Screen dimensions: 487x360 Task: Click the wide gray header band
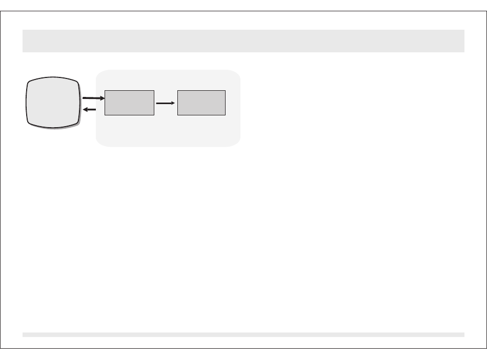(243, 41)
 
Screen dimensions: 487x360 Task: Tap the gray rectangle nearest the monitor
(129, 103)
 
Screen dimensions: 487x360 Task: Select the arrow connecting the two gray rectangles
(166, 103)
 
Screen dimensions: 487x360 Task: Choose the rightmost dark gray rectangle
(201, 103)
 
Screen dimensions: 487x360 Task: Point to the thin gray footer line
(243, 334)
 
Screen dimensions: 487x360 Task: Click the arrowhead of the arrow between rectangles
(173, 103)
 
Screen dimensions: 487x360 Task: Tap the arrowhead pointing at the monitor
(85, 109)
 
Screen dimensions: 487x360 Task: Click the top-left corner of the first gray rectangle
(105, 91)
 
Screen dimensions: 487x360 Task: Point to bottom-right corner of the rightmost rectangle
(225, 114)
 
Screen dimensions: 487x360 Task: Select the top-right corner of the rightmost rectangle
(225, 91)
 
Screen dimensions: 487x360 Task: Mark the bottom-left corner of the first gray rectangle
(105, 114)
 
